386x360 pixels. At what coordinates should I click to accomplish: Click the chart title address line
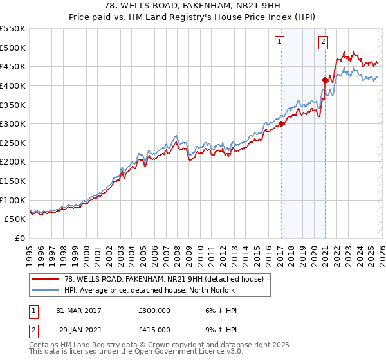(x=193, y=6)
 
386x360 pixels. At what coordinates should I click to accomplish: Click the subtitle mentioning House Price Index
(x=193, y=17)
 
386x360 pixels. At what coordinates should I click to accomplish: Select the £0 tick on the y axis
(x=20, y=238)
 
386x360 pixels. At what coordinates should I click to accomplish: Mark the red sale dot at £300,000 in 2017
(x=282, y=124)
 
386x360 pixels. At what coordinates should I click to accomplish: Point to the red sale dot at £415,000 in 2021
(x=325, y=80)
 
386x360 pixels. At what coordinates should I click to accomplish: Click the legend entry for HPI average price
(x=155, y=290)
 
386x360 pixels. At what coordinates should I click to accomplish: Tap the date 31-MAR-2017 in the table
(x=80, y=310)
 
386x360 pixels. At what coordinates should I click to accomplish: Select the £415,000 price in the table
(x=154, y=329)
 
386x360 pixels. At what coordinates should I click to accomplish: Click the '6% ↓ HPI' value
(x=219, y=310)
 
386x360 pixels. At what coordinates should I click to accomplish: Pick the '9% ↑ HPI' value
(x=219, y=329)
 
